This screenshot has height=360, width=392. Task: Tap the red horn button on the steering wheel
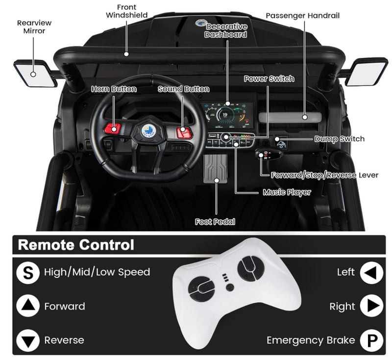pyautogui.click(x=113, y=129)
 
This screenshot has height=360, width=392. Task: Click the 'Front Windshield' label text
pyautogui.click(x=127, y=11)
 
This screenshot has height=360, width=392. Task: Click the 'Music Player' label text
pyautogui.click(x=287, y=192)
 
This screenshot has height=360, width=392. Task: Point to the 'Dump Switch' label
pyautogui.click(x=340, y=139)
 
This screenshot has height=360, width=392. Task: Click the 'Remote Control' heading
pyautogui.click(x=76, y=245)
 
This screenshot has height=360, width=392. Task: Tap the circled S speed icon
pyautogui.click(x=28, y=272)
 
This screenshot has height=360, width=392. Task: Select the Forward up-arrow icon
pyautogui.click(x=28, y=306)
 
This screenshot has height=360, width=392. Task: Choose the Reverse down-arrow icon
pyautogui.click(x=28, y=340)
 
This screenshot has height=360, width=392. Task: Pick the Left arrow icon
pyautogui.click(x=371, y=272)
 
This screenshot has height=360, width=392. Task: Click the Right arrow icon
pyautogui.click(x=371, y=306)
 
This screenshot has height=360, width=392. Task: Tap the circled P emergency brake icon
pyautogui.click(x=371, y=340)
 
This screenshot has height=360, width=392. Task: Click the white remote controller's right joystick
pyautogui.click(x=249, y=269)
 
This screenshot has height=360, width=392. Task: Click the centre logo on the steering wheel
pyautogui.click(x=147, y=131)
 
